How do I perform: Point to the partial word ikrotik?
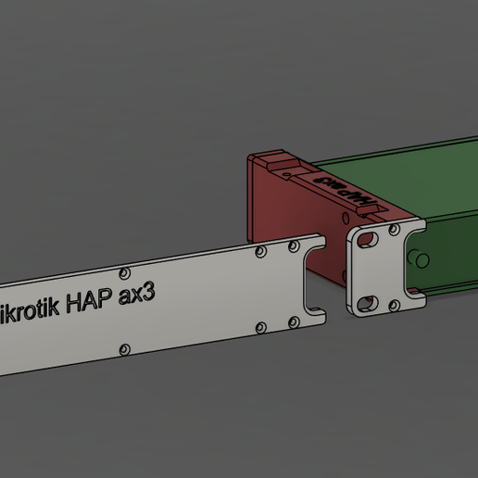(30, 308)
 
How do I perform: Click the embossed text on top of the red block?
(344, 190)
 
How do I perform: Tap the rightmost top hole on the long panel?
(294, 245)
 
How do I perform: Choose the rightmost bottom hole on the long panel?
(294, 322)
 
